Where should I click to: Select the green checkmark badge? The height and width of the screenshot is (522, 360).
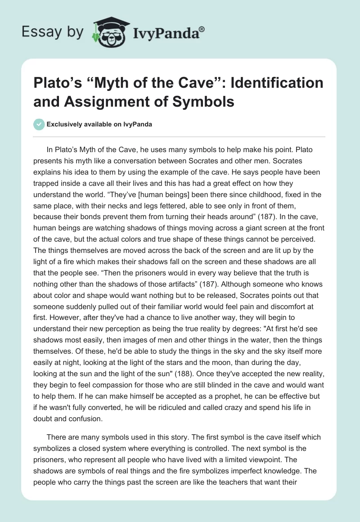point(38,124)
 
